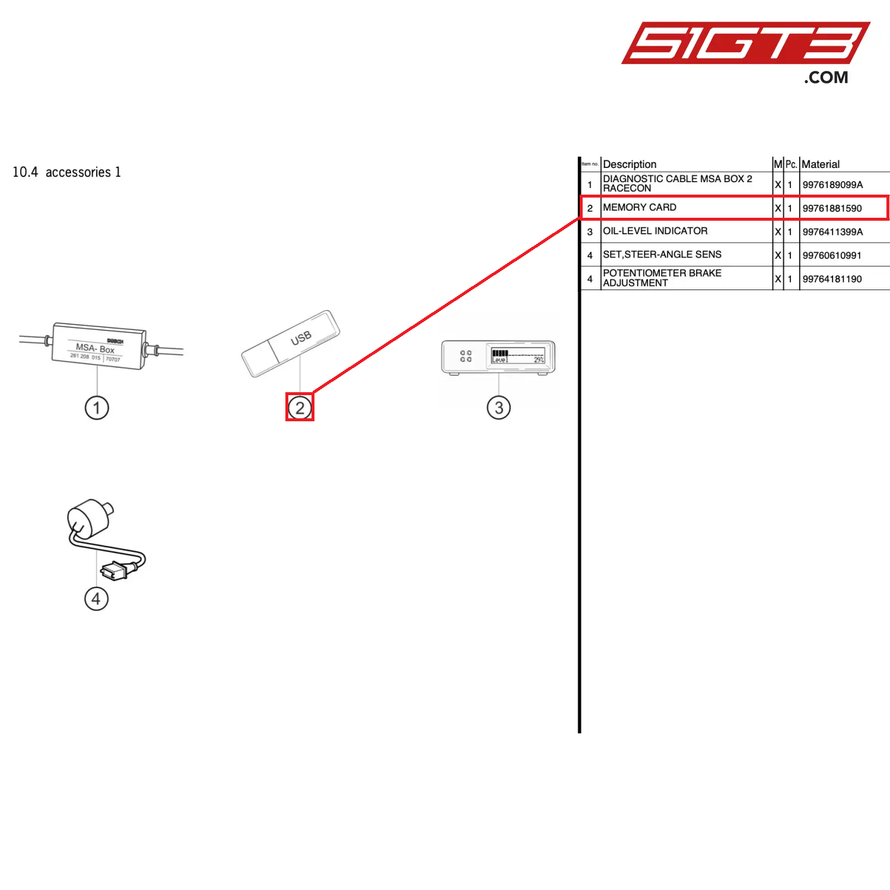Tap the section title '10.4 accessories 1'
67,172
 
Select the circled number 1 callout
97,408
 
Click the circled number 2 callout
300,408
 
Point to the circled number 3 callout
498,408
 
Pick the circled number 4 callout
96,599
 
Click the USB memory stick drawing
290,344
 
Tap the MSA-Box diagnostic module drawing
98,346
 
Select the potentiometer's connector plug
113,571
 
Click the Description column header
630,164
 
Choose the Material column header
821,164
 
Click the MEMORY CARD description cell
640,208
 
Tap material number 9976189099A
832,185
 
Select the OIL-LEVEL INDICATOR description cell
655,231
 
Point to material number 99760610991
832,256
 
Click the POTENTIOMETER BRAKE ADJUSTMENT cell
662,278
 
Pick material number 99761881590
832,208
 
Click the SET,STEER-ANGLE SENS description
662,255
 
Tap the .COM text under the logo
826,78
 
